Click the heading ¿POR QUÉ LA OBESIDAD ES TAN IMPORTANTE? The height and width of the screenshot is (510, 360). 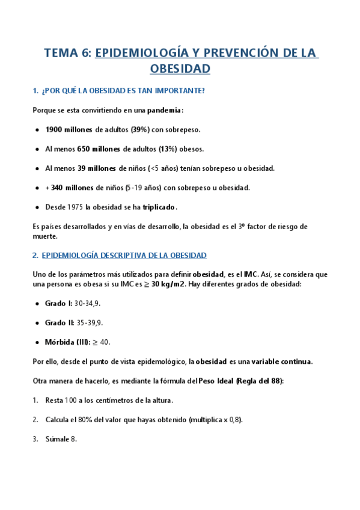(x=123, y=91)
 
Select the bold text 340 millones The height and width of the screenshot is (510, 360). (x=72, y=188)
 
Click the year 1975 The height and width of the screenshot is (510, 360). (x=74, y=207)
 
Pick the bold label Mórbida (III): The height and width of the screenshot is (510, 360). (x=67, y=342)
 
